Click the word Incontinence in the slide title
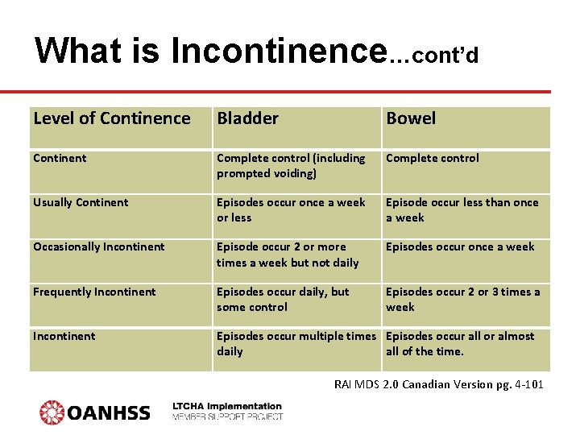click(278, 51)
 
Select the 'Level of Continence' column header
click(112, 118)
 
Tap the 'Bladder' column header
click(247, 118)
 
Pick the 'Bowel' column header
click(411, 118)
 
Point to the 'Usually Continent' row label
click(81, 203)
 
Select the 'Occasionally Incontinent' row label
click(98, 247)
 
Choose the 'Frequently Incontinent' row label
click(94, 292)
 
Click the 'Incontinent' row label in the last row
click(64, 336)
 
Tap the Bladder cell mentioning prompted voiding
click(291, 166)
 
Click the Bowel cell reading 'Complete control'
click(433, 159)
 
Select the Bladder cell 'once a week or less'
click(291, 210)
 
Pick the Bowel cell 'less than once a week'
click(462, 210)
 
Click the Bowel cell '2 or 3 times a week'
click(463, 299)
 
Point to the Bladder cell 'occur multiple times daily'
click(296, 343)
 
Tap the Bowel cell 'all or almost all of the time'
click(460, 343)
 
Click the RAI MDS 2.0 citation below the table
click(438, 384)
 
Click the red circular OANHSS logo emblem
click(52, 412)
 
